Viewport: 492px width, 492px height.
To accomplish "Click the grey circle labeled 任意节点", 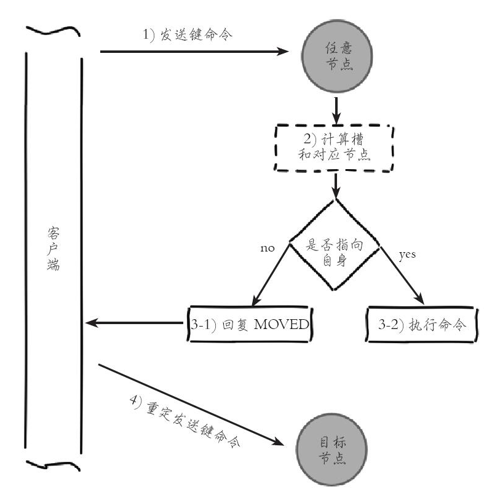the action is click(337, 56).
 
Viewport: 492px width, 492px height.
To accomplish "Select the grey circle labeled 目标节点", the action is click(331, 450).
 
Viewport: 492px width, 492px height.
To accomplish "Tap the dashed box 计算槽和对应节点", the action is click(334, 148).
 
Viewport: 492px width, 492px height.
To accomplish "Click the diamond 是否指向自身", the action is click(335, 244).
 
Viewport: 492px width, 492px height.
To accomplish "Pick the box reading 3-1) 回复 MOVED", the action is click(250, 324).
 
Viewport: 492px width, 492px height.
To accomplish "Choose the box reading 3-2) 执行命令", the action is click(422, 324).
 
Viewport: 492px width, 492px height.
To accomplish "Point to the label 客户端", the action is click(53, 248).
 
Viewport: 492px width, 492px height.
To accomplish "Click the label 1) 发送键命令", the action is click(188, 34).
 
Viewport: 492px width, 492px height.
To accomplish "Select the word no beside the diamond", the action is click(268, 248).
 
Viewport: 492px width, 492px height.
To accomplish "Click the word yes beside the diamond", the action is click(407, 255).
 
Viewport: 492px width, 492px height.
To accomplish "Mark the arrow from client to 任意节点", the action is click(194, 52).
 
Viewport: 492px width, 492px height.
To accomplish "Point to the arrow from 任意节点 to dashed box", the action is click(336, 111).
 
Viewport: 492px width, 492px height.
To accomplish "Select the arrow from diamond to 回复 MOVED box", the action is click(271, 274).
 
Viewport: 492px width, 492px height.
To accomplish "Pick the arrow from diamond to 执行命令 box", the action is click(402, 276).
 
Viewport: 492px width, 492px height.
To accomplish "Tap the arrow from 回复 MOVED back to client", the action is click(134, 322).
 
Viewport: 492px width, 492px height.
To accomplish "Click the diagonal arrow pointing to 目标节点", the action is click(191, 405).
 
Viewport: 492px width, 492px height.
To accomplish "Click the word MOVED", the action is click(282, 324).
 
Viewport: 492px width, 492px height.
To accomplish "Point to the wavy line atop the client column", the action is click(54, 31).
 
